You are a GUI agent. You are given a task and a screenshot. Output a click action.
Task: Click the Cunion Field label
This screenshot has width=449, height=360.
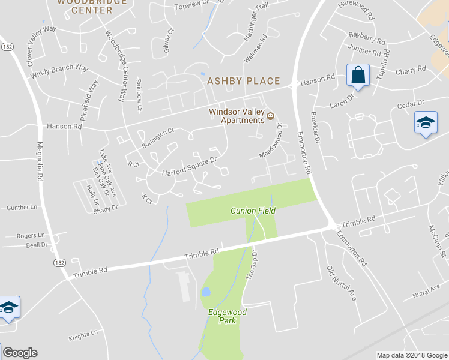[x=253, y=211]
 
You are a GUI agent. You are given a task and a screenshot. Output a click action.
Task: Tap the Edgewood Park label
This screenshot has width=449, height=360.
[x=227, y=316]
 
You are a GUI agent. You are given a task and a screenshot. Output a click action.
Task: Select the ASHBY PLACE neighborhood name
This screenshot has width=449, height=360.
[x=243, y=81]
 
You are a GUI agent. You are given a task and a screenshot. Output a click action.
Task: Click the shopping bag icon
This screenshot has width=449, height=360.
[x=358, y=76]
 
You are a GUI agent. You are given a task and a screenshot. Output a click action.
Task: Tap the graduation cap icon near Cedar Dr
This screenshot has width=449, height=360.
[x=426, y=124]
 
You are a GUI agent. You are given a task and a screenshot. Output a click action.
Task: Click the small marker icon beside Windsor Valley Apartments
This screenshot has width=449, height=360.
[x=270, y=116]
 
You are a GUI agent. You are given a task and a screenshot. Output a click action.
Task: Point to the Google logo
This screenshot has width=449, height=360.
[x=20, y=353]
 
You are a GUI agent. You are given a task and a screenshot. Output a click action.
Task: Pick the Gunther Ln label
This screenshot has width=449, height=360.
[x=22, y=208]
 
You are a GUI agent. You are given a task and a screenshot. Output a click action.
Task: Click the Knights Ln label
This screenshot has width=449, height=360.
[x=83, y=335]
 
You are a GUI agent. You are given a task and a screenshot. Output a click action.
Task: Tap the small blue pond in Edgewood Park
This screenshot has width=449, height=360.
[x=206, y=292]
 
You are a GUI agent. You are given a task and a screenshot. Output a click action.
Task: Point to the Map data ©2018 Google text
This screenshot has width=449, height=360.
[x=411, y=355]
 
